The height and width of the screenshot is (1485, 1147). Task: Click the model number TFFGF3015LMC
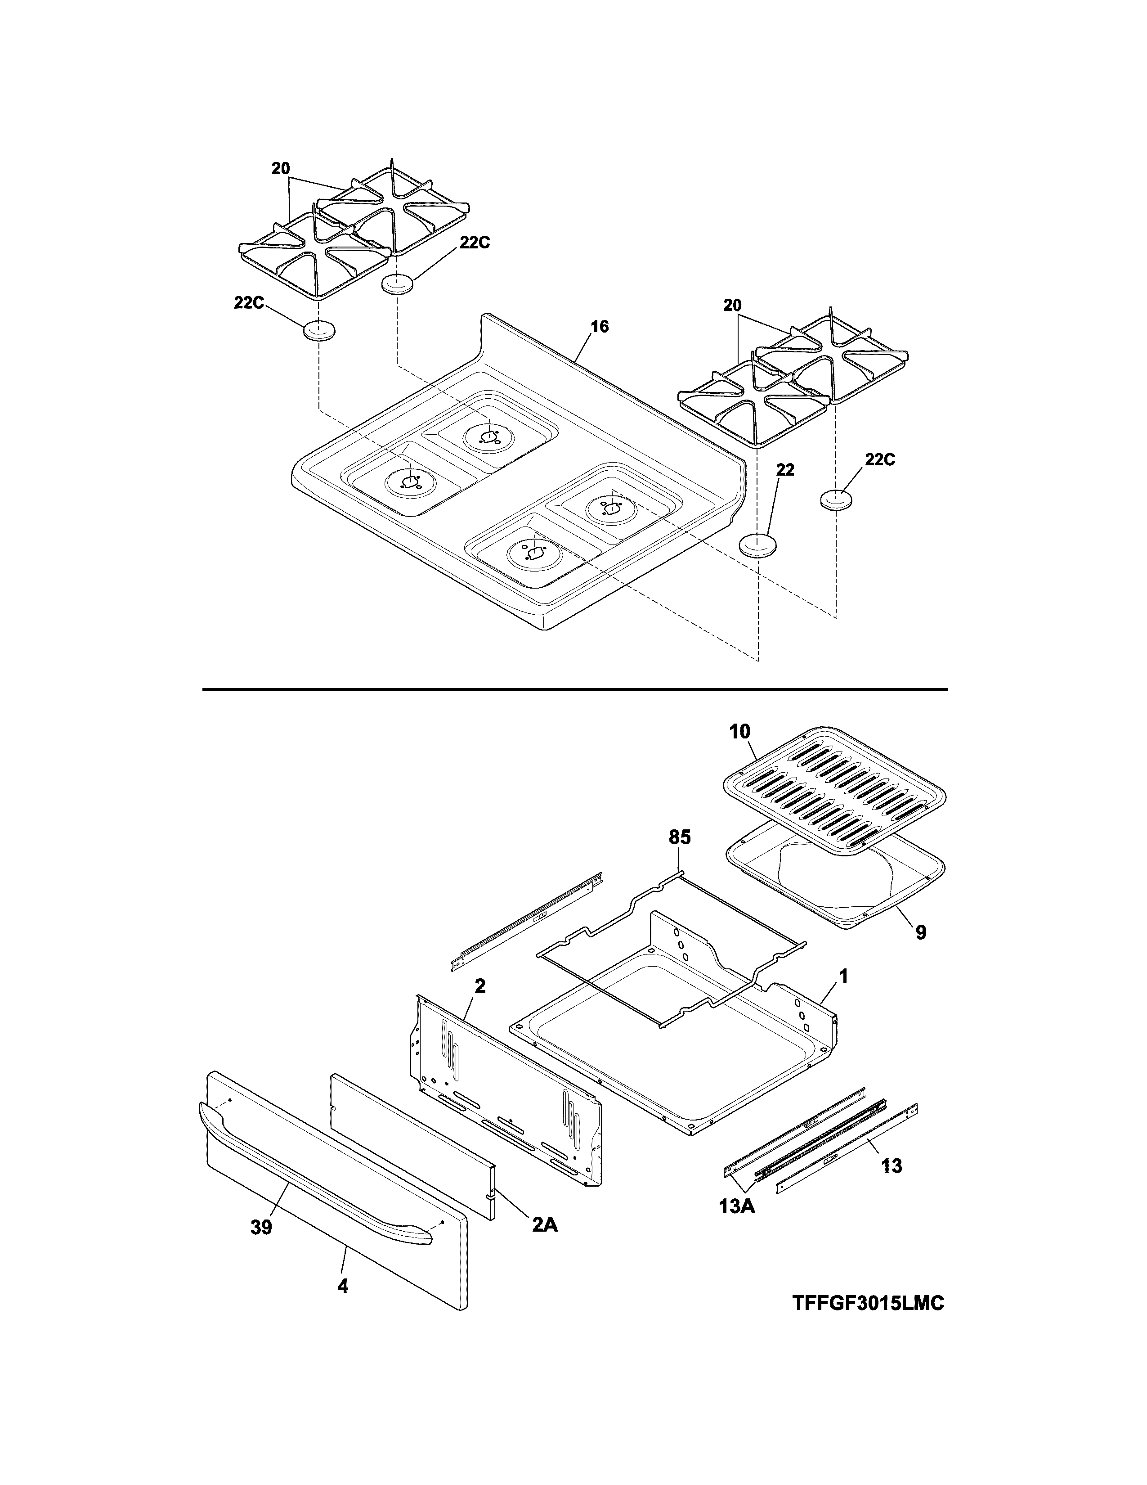pos(868,1303)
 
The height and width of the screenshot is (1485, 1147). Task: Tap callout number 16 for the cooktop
pos(599,327)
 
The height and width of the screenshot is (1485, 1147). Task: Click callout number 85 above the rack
pos(680,837)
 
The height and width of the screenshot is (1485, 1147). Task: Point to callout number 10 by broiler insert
pos(740,732)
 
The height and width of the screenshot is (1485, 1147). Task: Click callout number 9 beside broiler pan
pos(921,932)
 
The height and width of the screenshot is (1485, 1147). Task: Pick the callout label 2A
pos(545,1224)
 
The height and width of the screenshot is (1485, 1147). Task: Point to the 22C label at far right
pos(880,459)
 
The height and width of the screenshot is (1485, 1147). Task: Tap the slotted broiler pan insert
pos(834,790)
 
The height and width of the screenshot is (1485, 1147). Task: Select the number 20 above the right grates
pos(732,306)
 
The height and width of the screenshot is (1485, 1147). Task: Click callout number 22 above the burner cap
pos(785,470)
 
